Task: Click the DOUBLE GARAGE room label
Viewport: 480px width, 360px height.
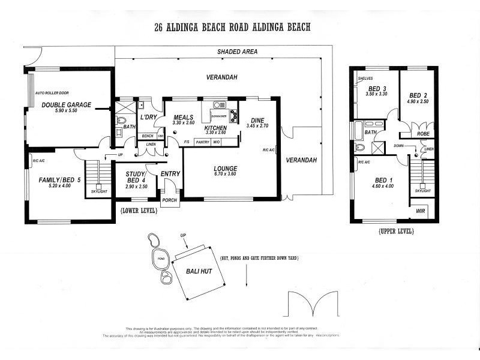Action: (x=67, y=104)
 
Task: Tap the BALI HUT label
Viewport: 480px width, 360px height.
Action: (x=200, y=271)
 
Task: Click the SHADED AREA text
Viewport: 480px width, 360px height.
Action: (x=238, y=52)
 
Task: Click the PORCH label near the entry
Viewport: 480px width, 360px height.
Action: (x=170, y=200)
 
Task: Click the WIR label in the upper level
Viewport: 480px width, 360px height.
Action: (x=421, y=212)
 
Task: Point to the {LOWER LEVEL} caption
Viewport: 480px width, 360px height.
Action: (x=139, y=211)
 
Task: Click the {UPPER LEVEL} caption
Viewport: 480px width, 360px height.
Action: (x=397, y=231)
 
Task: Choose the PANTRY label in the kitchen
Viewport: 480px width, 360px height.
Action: (x=202, y=142)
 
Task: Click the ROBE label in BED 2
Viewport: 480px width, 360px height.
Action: (x=422, y=134)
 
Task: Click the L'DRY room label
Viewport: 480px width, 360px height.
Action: (x=148, y=116)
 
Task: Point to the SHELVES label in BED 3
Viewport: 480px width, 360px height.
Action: (x=365, y=79)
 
